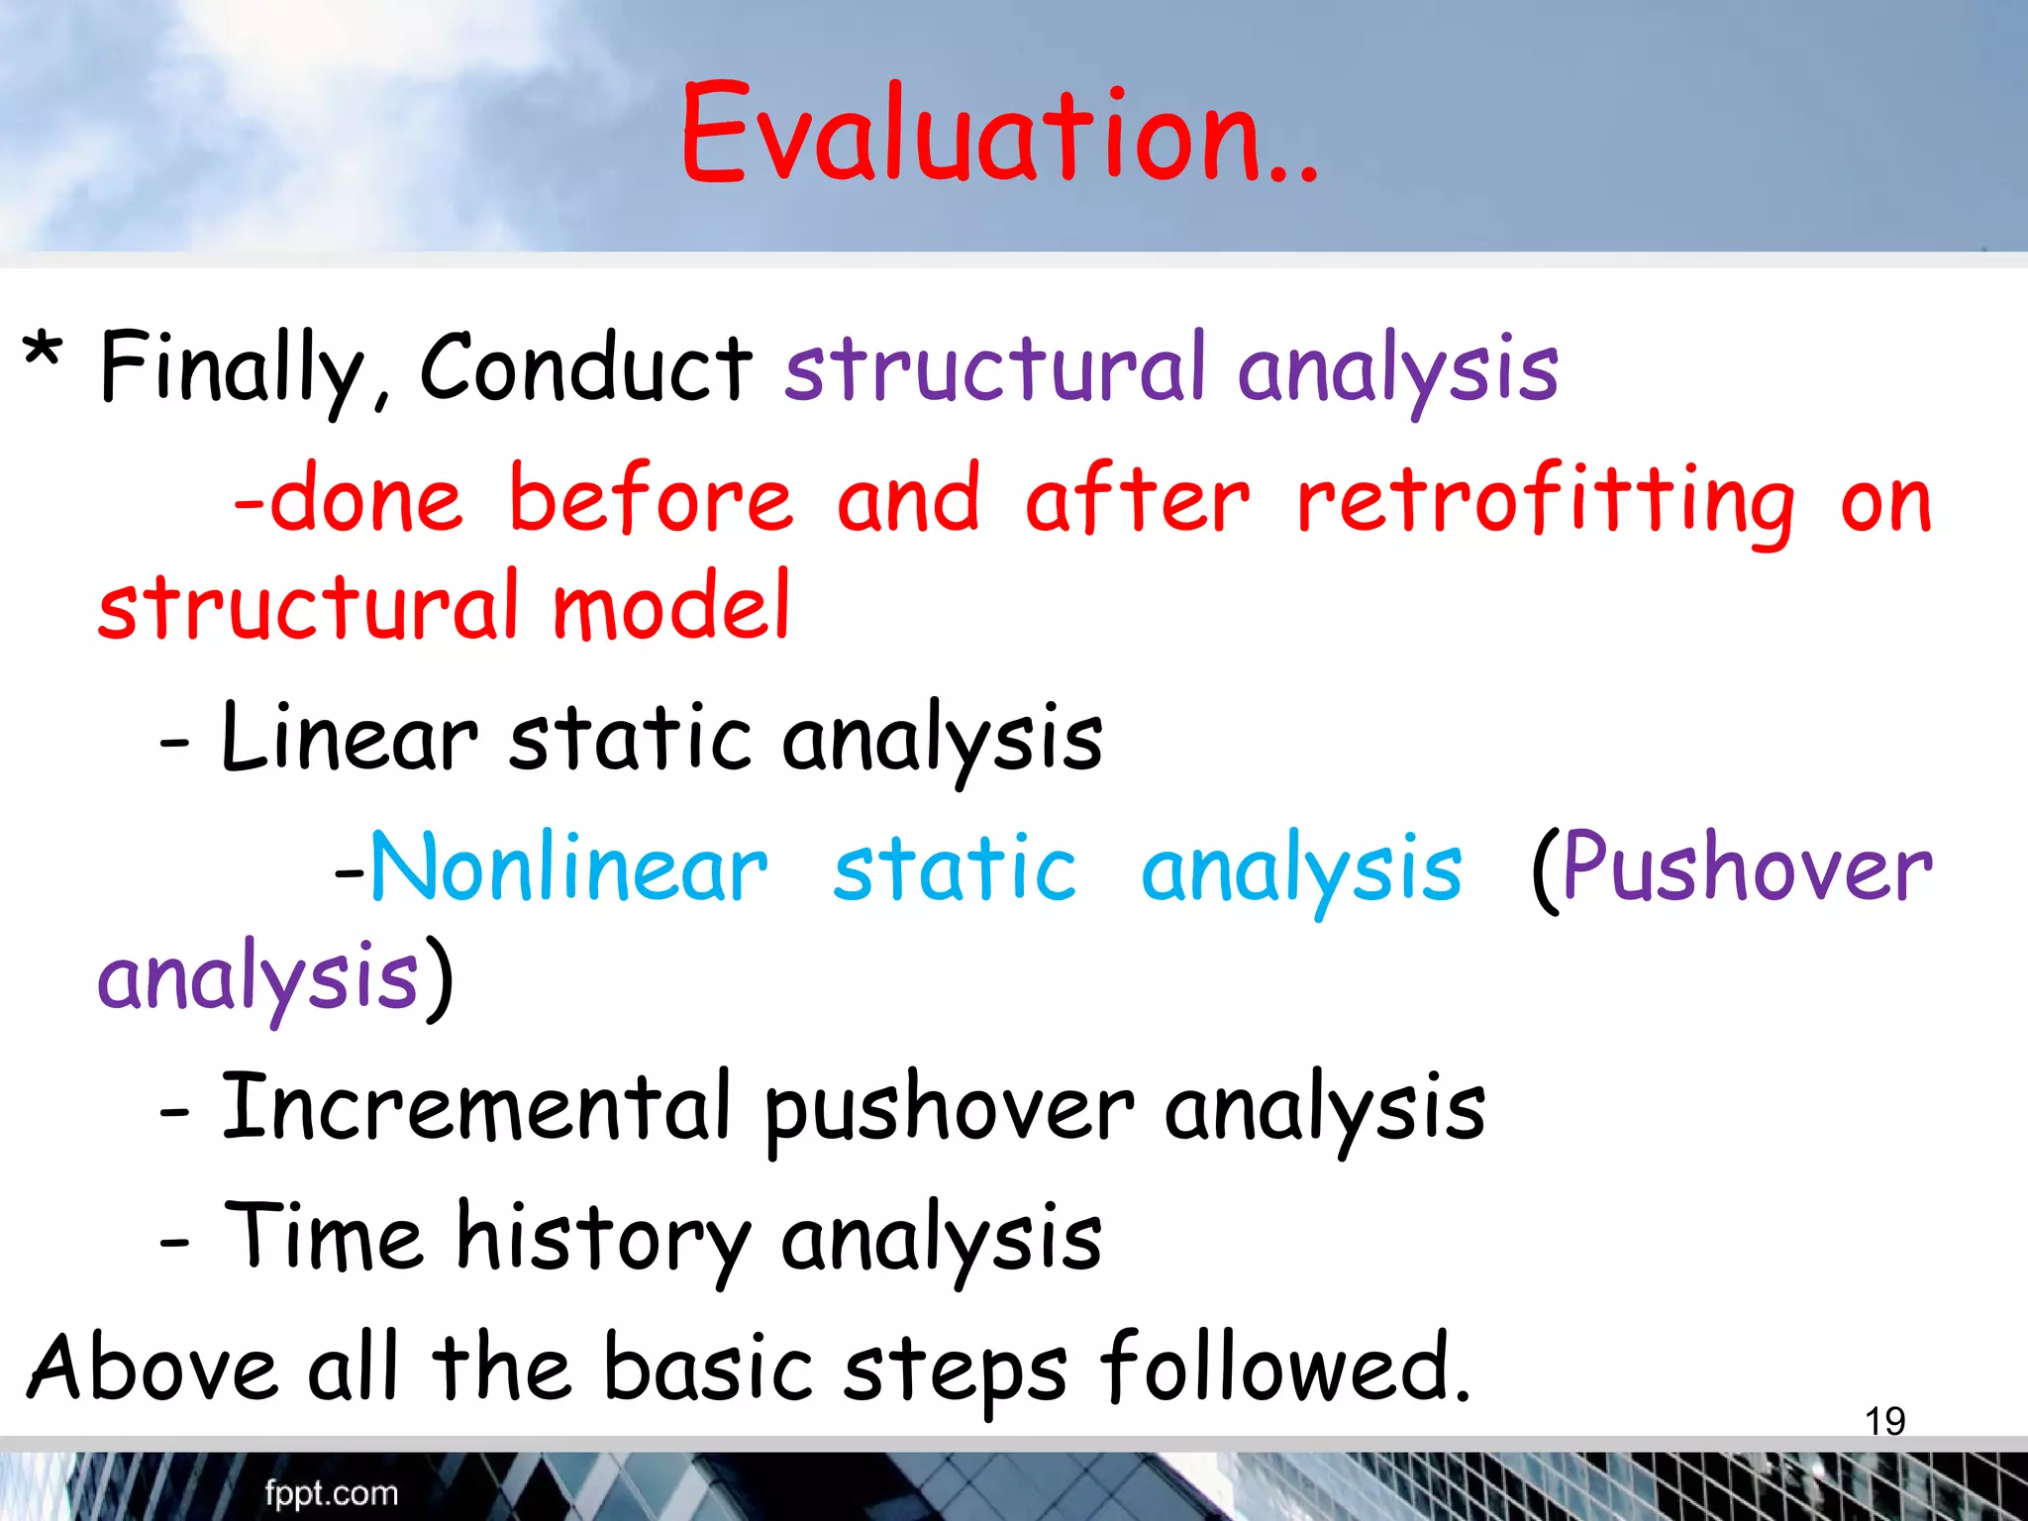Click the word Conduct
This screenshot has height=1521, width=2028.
point(586,368)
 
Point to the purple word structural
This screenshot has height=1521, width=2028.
point(994,368)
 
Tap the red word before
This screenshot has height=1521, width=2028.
point(651,499)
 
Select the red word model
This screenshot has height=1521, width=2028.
point(671,606)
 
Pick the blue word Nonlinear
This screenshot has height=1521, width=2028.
point(568,868)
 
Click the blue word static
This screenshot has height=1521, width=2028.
point(955,869)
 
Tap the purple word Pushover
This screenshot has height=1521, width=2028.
point(1747,868)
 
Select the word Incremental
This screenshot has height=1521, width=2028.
point(475,1107)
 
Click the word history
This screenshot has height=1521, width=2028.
point(602,1239)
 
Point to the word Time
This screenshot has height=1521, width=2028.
point(324,1237)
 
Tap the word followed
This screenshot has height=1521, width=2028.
point(1284,1369)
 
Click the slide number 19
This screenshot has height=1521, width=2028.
point(1884,1422)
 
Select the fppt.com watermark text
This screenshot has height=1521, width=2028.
point(331,1493)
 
